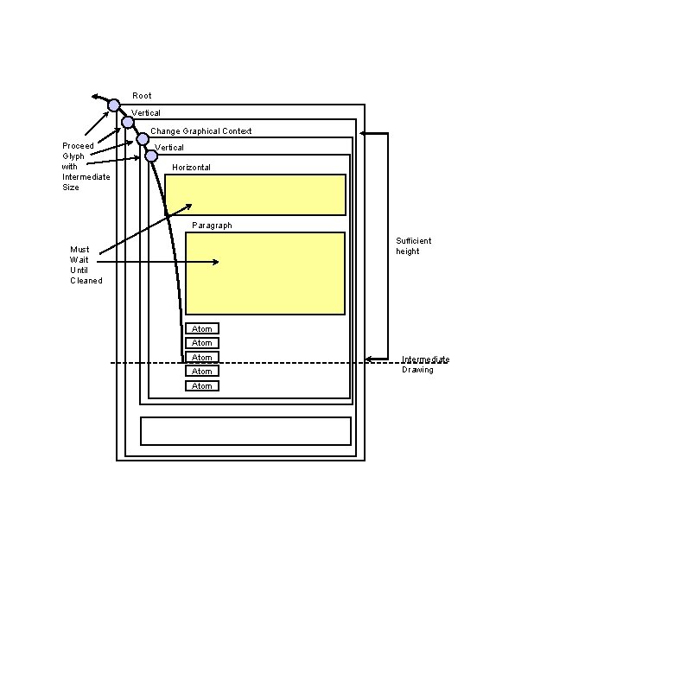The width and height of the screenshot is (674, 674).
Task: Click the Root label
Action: [x=142, y=96]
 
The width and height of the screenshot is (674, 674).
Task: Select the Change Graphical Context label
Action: [x=200, y=131]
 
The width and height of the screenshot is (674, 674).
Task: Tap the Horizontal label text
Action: [x=191, y=168]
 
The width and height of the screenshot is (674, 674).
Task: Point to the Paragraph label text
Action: [x=212, y=226]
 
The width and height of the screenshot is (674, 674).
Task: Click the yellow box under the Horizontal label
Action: [x=255, y=194]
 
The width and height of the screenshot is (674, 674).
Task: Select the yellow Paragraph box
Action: [x=264, y=273]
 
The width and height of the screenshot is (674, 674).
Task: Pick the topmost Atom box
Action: [x=202, y=328]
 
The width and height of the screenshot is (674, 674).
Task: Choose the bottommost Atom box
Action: [x=202, y=386]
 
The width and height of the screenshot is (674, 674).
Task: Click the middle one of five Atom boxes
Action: [x=202, y=357]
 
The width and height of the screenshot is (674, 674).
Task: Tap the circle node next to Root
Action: [x=114, y=105]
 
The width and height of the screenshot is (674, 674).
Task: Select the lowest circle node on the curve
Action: [x=151, y=156]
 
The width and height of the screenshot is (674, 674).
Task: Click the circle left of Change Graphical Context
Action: [x=143, y=139]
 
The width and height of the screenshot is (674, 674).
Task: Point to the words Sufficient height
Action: [x=413, y=246]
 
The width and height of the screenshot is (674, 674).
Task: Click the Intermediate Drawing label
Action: [x=425, y=365]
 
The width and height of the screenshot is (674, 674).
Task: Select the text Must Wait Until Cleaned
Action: [x=86, y=265]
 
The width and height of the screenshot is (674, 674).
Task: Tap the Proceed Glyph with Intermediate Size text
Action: [x=85, y=166]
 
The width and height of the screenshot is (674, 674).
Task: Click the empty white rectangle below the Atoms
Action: [x=245, y=431]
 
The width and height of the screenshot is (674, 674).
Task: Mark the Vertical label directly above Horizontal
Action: [x=170, y=148]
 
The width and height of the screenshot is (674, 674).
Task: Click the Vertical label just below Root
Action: [x=146, y=113]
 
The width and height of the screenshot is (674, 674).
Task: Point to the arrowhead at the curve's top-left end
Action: [x=94, y=96]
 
